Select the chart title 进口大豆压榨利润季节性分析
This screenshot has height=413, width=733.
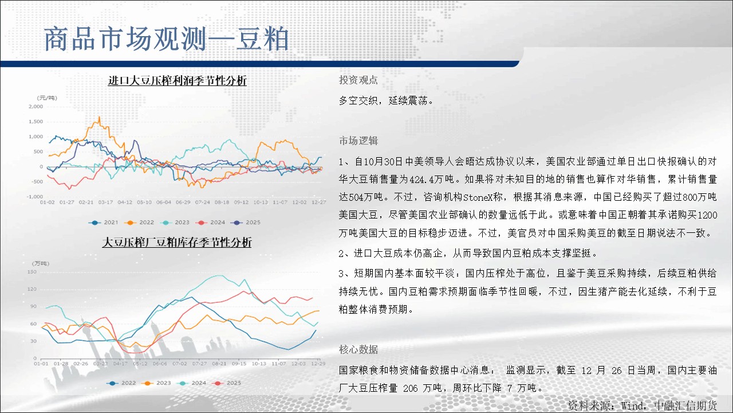(x=177, y=80)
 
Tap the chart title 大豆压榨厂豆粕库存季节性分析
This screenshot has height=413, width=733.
(x=177, y=242)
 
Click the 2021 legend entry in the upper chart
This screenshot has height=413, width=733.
(x=104, y=223)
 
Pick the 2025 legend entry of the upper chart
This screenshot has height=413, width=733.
(x=246, y=223)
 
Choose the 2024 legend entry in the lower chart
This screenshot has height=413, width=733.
(x=193, y=383)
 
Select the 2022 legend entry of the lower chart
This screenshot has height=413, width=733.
(x=121, y=383)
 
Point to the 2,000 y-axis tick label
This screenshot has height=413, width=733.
(x=36, y=107)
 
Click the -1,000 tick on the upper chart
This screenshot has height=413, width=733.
(x=35, y=197)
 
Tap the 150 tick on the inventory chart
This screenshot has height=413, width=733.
(x=32, y=272)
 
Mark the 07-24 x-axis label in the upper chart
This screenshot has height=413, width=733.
(x=203, y=202)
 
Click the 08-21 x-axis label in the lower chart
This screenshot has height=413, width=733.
(x=219, y=364)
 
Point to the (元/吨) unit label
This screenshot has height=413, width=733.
(x=47, y=98)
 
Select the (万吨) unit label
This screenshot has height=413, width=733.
(x=41, y=263)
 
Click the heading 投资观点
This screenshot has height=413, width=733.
(x=358, y=80)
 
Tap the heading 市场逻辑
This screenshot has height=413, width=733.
(x=358, y=141)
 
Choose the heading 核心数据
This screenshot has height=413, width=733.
(x=358, y=349)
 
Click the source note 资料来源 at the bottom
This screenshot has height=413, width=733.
(x=590, y=406)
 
